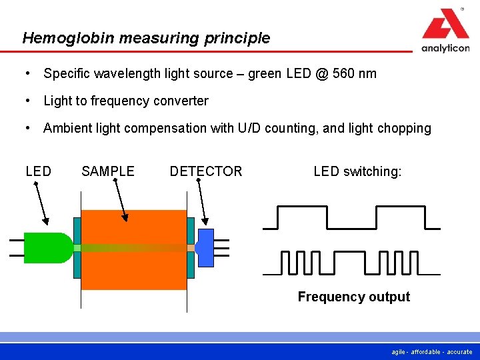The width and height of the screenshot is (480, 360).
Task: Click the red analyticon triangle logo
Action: pos(445,25)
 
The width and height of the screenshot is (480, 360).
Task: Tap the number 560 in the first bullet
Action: pos(345,73)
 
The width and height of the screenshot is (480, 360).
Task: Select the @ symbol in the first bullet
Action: pos(321,73)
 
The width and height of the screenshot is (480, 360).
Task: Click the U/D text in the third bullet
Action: pos(249,128)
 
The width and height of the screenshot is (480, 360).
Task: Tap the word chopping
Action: pos(406,128)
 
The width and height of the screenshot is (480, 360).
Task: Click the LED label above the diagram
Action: pos(38,171)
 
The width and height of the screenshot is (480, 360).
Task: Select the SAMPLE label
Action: pos(108,171)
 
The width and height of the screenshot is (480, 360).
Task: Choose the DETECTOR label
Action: pos(206,171)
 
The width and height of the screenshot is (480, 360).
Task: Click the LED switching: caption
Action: pos(357,171)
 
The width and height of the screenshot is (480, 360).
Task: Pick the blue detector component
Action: pos(205,247)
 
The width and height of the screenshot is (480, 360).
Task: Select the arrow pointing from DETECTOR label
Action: pos(203,200)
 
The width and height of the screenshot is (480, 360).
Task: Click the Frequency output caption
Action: pos(353,297)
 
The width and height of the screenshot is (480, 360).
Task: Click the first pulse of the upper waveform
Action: pos(301,208)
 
